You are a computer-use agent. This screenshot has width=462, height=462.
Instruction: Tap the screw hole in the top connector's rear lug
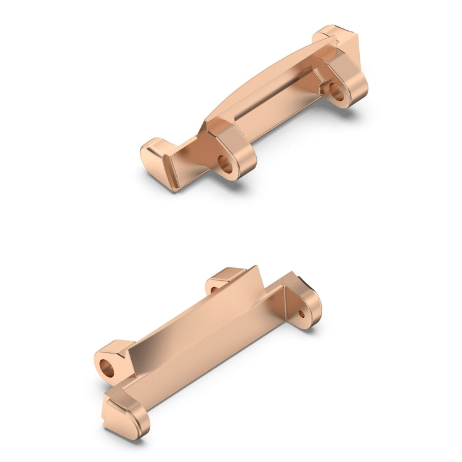(338, 92)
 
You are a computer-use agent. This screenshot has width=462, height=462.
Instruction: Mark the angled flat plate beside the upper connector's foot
(191, 163)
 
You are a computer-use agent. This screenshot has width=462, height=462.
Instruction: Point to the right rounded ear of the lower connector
(306, 305)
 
